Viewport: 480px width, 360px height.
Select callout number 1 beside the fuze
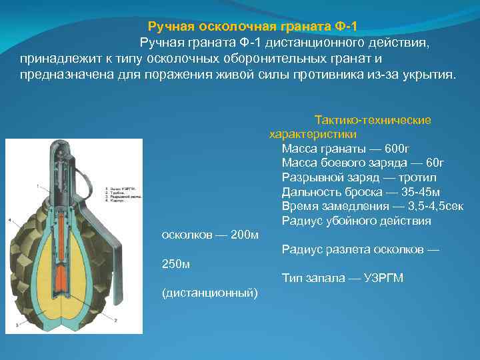38,183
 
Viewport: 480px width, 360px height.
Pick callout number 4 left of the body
9,219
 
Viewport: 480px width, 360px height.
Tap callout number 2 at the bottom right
115,321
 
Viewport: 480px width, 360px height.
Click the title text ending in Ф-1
253,27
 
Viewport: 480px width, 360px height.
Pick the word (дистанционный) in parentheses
211,293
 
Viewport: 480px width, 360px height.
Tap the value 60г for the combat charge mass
434,163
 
